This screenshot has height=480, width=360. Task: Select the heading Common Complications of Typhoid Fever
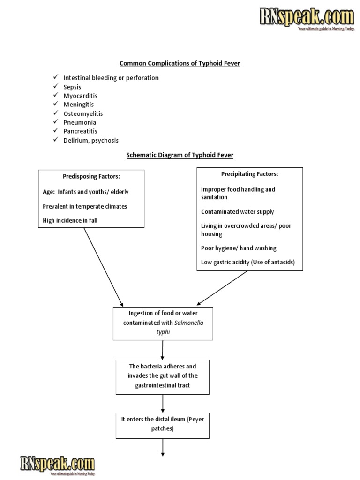180,63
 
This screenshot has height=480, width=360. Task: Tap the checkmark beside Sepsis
55,87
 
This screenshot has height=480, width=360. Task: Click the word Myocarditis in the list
80,96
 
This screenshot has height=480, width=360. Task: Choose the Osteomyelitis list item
83,113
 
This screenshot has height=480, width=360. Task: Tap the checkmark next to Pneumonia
55,122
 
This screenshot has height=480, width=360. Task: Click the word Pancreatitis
80,131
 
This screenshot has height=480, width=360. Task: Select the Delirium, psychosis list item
91,140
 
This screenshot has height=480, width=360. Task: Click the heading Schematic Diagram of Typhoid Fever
180,155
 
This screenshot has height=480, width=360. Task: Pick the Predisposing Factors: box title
91,177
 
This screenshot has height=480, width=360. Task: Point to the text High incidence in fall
70,221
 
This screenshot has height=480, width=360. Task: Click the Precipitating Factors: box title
249,174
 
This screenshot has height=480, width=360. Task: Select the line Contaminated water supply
237,212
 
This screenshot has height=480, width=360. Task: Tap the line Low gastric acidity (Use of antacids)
248,262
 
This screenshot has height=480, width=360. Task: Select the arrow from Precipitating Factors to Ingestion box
222,288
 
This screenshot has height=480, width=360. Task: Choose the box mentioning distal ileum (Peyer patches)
163,425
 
